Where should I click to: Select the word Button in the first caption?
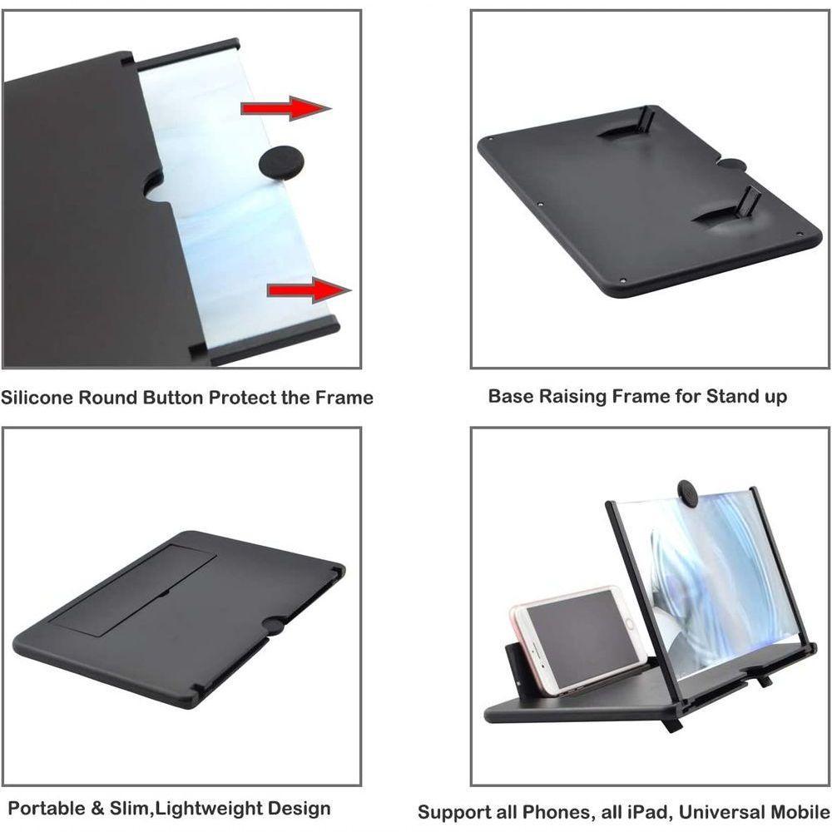point(172,397)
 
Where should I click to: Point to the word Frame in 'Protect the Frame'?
point(343,397)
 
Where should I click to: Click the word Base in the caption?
point(510,395)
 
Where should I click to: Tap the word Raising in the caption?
point(572,395)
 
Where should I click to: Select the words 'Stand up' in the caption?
point(746,396)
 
